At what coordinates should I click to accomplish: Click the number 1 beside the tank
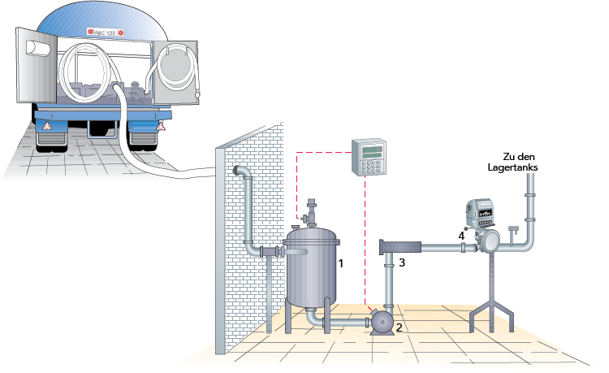(342, 263)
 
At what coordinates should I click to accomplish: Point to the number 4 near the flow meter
(462, 235)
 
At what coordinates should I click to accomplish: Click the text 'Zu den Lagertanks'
(520, 162)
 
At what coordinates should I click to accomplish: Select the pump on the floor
(381, 323)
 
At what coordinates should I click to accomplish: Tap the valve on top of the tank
(311, 213)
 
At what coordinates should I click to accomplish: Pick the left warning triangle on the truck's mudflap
(46, 128)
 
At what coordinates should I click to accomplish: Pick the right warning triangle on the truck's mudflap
(162, 127)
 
